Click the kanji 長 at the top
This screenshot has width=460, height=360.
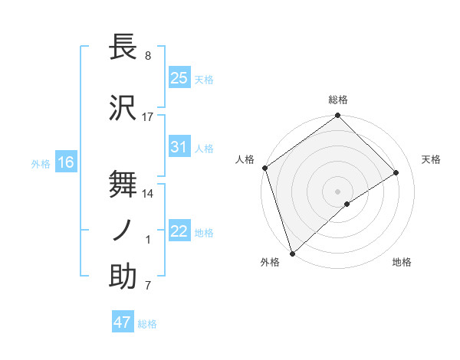[x=123, y=47]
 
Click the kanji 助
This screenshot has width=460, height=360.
[x=123, y=277]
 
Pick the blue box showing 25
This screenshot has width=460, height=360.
[x=179, y=78]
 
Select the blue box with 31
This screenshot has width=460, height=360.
[x=179, y=147]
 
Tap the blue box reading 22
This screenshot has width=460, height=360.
[x=179, y=231]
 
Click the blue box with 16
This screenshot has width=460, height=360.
[x=65, y=162]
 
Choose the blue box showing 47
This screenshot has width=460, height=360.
[x=123, y=322]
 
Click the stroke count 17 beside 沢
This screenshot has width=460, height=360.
[x=148, y=117]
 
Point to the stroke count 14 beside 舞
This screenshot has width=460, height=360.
[x=148, y=195]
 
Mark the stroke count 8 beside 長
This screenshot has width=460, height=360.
[x=147, y=56]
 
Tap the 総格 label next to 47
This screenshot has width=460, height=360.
[x=147, y=324]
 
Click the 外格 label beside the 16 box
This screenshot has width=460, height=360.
[x=41, y=163]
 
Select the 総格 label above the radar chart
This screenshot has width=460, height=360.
[x=337, y=100]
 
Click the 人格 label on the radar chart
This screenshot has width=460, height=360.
[x=245, y=159]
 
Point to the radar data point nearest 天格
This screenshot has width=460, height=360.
[x=396, y=173]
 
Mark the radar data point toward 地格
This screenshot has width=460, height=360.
[x=347, y=203]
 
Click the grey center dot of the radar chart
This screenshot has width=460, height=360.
[x=337, y=190]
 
